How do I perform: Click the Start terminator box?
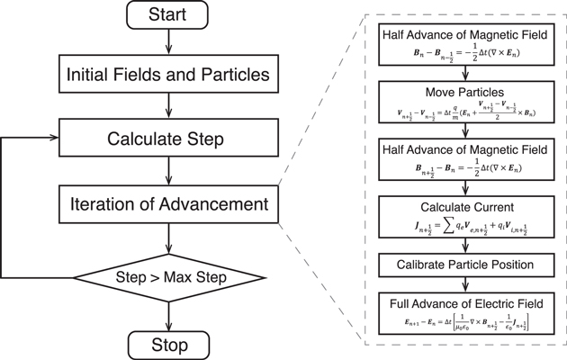pos(168,14)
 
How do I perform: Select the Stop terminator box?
pos(168,345)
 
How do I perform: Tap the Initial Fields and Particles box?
pos(168,76)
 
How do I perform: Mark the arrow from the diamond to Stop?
pos(168,314)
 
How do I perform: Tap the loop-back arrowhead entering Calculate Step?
pos(54,139)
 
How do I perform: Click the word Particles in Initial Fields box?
pos(229,76)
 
